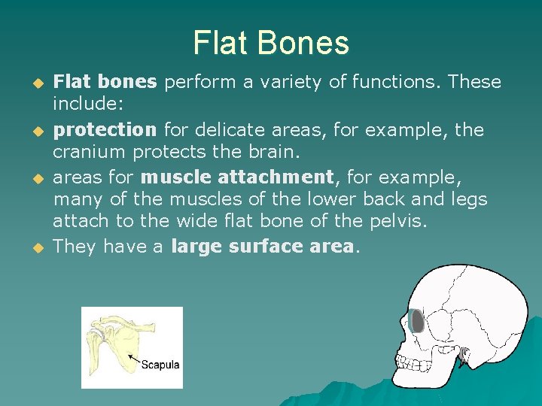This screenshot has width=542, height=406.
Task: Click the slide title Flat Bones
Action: click(x=271, y=43)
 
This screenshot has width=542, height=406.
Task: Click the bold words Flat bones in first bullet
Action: click(x=105, y=81)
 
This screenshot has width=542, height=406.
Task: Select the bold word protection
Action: click(x=105, y=129)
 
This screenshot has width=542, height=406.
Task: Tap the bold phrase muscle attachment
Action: click(x=236, y=177)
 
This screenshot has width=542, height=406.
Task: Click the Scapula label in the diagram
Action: click(x=161, y=365)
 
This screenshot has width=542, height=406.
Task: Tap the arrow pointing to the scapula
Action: click(x=133, y=358)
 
